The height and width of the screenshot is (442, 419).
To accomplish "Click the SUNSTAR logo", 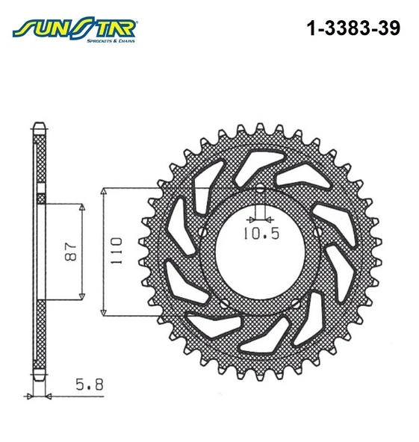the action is tap(74, 29).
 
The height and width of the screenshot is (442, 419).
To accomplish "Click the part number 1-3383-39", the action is tap(353, 28).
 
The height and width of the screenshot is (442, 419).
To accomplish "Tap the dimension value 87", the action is tap(70, 251).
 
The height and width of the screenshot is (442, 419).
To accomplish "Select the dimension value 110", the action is tap(116, 251).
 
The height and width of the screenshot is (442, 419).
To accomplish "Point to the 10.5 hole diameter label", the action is tap(261, 234).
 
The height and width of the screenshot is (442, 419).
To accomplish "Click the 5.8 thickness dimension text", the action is tap(90, 385).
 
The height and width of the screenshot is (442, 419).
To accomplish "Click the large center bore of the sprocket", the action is tap(260, 256).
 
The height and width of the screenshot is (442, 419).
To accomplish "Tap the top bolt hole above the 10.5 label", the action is tap(261, 189).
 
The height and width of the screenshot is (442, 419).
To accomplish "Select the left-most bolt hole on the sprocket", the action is tap(202, 232).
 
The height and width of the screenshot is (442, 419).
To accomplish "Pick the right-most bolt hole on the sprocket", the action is tap(317, 232).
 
